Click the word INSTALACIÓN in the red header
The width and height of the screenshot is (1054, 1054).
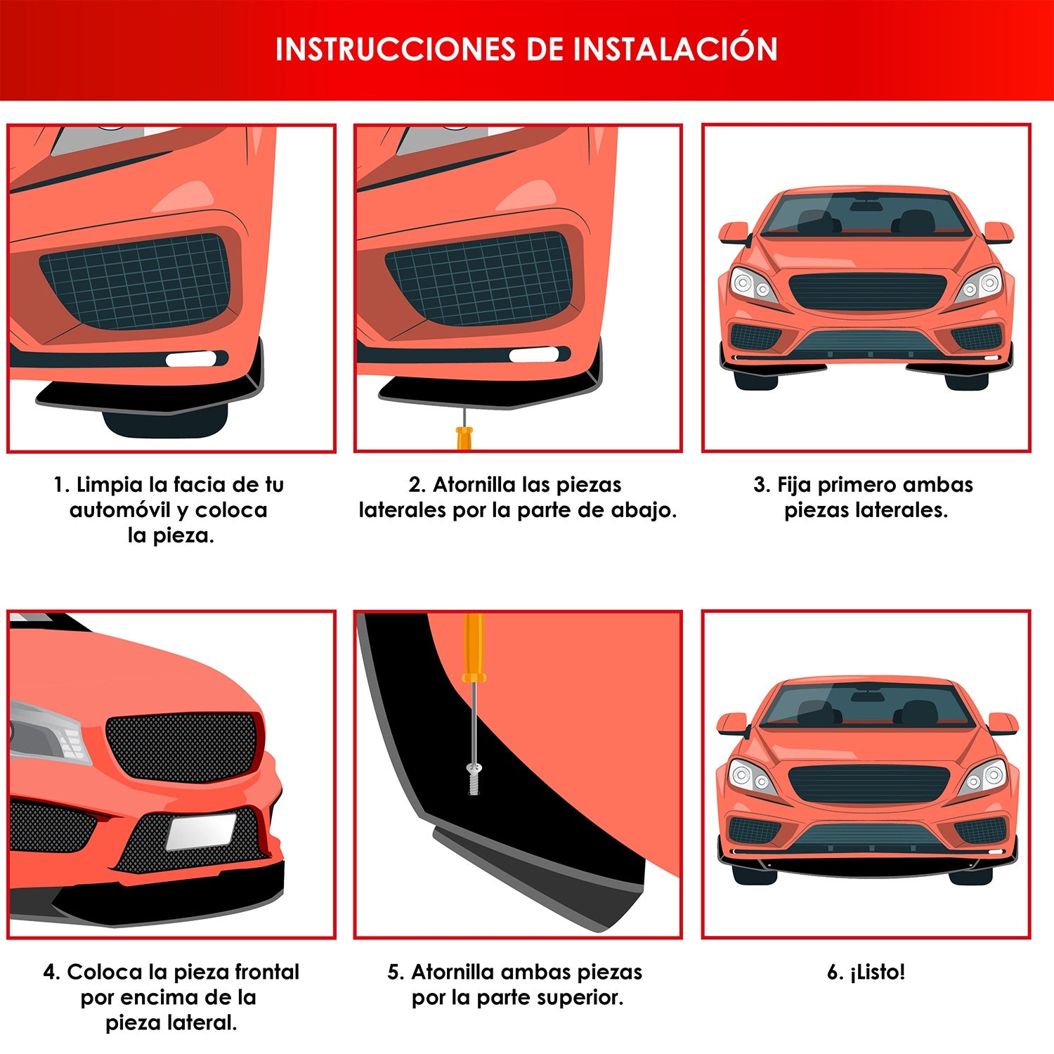point(675,48)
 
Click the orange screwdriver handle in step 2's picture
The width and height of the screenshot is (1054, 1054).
point(464,438)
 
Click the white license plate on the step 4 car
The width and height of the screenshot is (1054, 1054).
point(200,831)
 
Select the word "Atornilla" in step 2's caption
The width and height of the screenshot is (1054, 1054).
point(479,485)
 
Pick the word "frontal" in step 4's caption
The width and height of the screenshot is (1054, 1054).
point(267,972)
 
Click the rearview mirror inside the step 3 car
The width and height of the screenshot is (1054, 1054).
point(866,205)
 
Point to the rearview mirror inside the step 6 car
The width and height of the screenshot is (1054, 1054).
point(867,696)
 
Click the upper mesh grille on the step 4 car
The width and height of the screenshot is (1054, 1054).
point(182,746)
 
